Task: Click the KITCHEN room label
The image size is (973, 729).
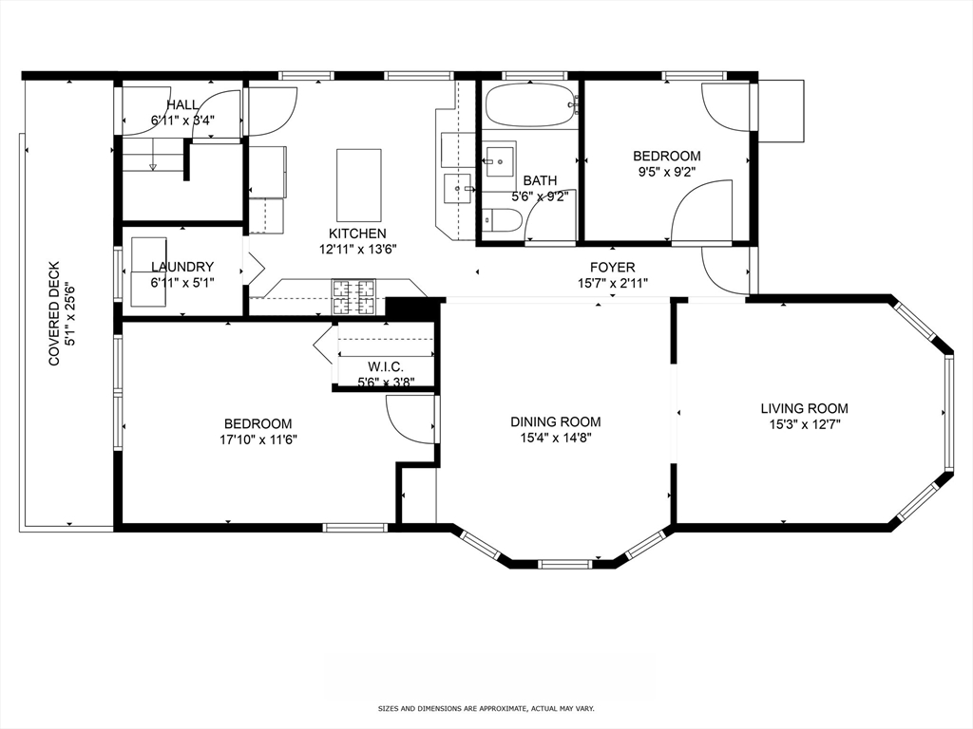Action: tap(357, 234)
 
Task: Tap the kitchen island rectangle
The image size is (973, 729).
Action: tap(358, 184)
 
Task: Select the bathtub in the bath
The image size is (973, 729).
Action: tap(529, 105)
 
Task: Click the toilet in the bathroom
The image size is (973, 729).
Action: tap(501, 221)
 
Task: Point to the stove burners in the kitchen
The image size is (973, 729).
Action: tap(353, 296)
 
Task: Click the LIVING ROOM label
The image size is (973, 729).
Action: tap(804, 408)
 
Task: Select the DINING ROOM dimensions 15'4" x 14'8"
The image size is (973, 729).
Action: tap(555, 439)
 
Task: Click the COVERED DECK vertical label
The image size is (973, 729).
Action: tap(54, 313)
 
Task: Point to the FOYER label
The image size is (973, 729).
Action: tap(612, 268)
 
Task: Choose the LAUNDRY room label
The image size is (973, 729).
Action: tap(181, 267)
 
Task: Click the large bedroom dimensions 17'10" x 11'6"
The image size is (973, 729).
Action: tap(258, 439)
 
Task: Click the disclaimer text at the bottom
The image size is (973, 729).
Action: tap(486, 708)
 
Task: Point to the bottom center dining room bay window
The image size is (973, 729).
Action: tap(564, 564)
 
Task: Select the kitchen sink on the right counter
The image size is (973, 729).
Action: tap(459, 188)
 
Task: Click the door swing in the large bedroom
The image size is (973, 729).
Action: tap(411, 418)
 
